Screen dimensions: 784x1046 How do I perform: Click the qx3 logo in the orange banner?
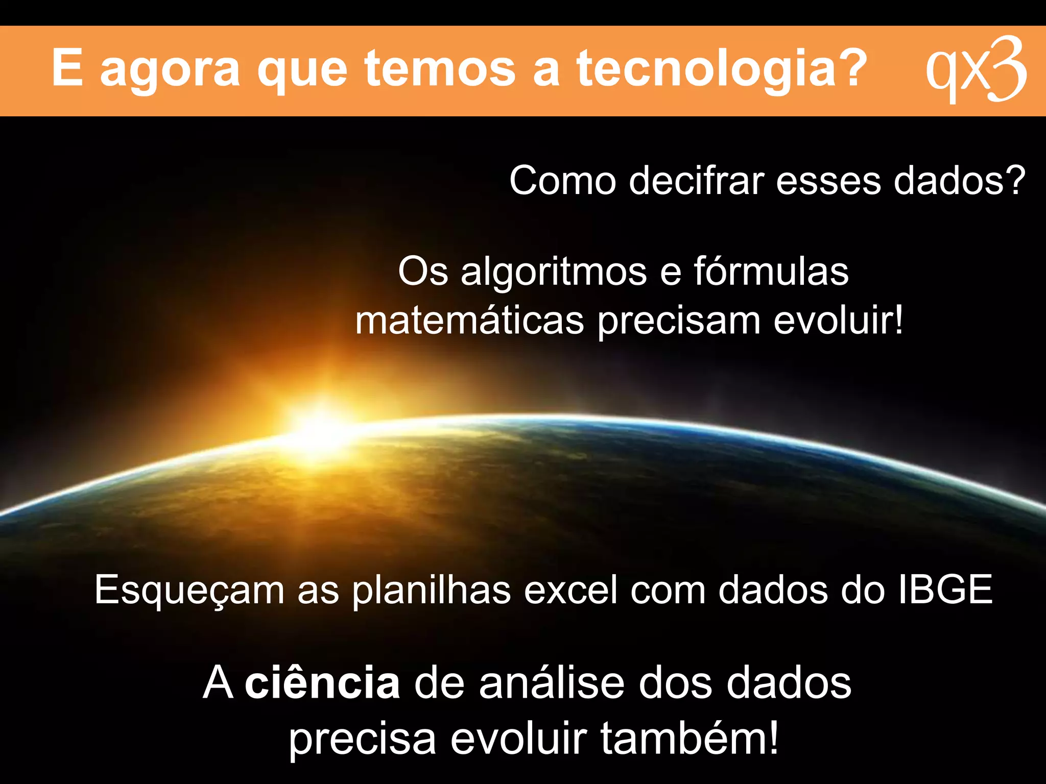tap(976, 70)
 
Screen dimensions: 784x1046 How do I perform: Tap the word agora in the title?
tap(170, 69)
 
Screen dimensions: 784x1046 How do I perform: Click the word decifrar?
tap(696, 181)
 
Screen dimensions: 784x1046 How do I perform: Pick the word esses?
tap(828, 182)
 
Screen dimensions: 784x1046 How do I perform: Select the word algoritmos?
tap(554, 272)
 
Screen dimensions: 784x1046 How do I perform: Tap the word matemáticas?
tap(469, 321)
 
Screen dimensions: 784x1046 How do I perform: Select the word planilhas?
tap(432, 590)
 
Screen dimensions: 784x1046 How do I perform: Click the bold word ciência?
tap(322, 683)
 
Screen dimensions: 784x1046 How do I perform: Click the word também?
tap(689, 738)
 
